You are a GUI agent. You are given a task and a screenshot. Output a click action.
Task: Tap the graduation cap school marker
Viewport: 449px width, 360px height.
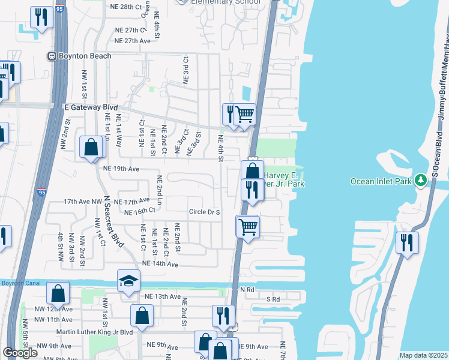coord(128,282)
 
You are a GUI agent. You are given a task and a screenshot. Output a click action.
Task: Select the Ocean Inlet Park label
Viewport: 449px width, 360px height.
coord(382,181)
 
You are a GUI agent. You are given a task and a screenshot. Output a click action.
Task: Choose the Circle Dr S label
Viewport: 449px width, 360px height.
coord(205,212)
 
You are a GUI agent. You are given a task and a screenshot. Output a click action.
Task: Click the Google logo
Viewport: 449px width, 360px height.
coord(20,353)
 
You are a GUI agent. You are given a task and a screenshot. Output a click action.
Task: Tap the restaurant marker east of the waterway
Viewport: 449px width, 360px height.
coord(408,243)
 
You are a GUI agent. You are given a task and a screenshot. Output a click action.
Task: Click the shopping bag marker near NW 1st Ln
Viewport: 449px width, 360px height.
coord(91,147)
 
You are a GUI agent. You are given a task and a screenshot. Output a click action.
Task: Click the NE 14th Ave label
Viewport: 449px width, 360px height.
coord(160,264)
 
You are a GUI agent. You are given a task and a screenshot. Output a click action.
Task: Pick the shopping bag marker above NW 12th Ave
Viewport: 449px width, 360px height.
coord(58,293)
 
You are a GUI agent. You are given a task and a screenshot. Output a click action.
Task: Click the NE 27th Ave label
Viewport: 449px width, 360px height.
coord(133,41)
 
